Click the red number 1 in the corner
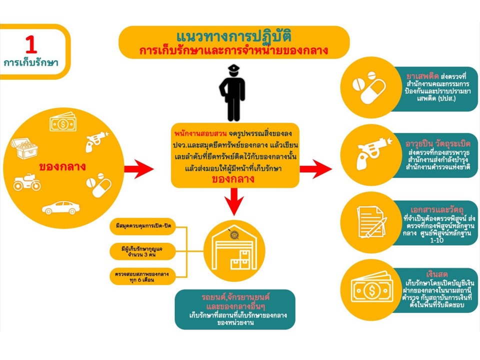point(31,45)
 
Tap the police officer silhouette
point(232,93)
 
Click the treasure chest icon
point(25,148)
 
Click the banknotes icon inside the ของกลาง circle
point(63,122)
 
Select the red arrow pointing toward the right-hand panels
point(315,168)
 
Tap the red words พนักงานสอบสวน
point(200,134)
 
